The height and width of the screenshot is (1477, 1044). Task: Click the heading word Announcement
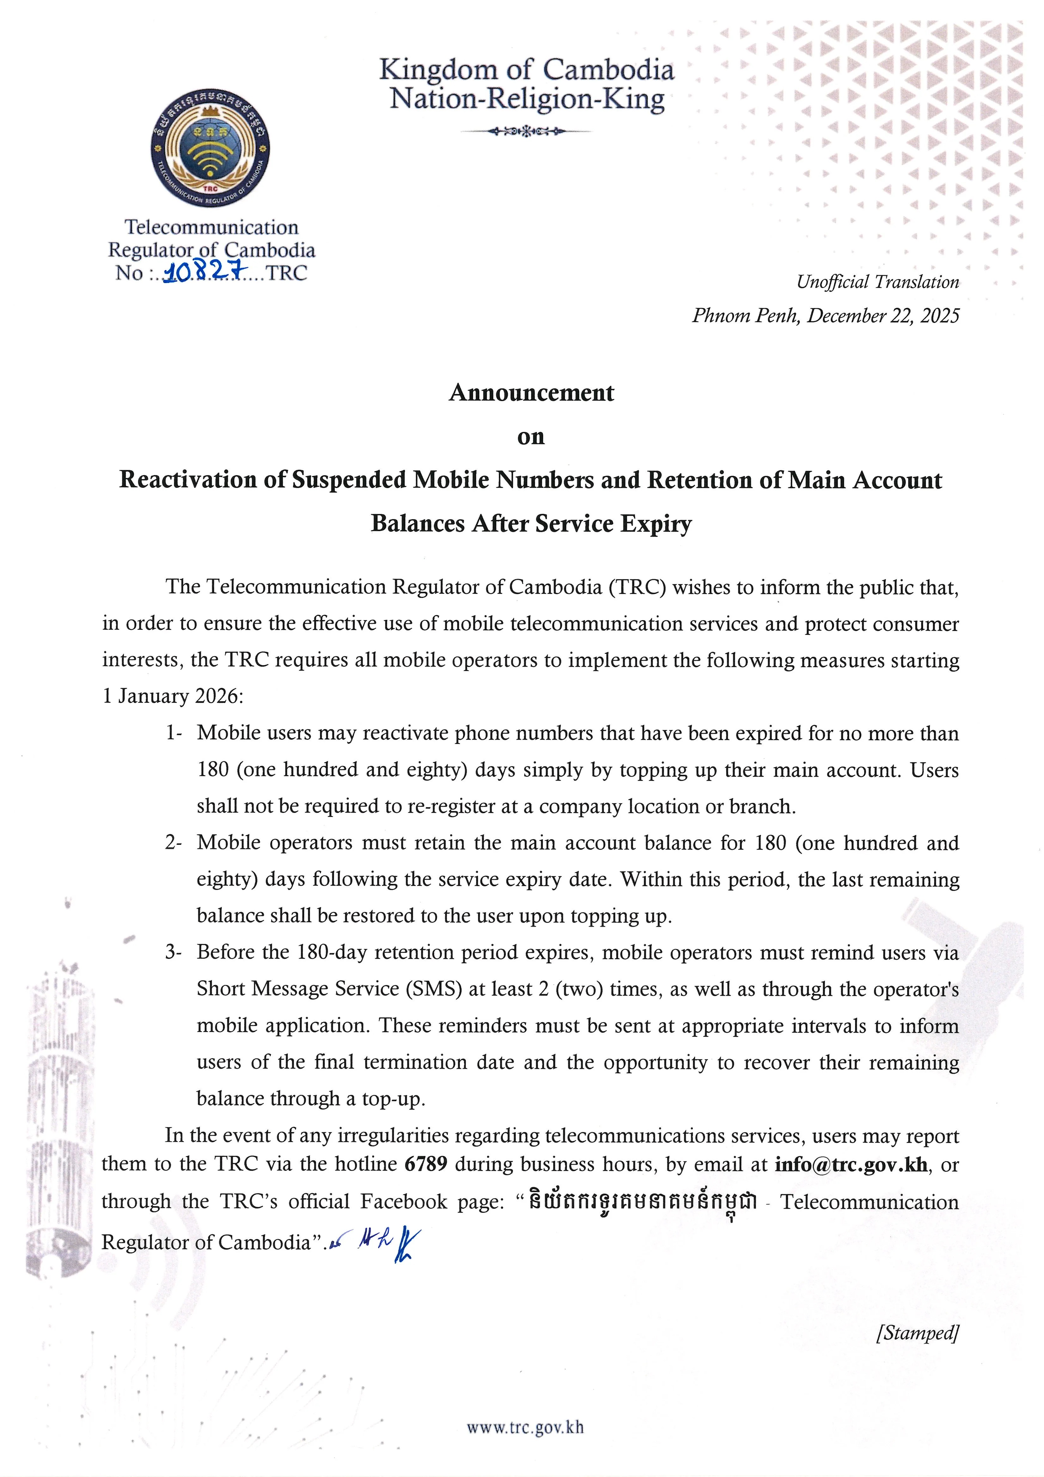pyautogui.click(x=531, y=392)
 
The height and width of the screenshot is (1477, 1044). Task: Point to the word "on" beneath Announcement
pyautogui.click(x=531, y=437)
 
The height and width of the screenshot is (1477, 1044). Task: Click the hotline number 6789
pyautogui.click(x=425, y=1164)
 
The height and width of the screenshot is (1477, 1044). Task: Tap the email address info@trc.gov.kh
pyautogui.click(x=851, y=1164)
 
